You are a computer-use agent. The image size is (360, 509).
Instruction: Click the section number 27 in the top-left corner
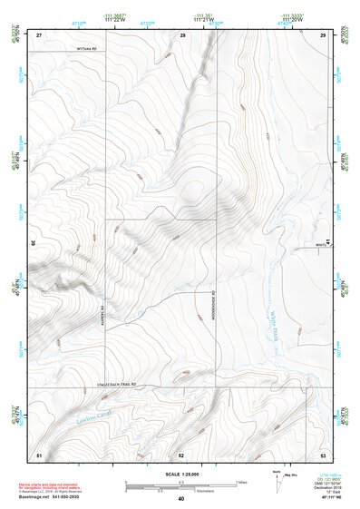coord(39,34)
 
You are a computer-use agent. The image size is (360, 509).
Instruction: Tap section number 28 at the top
coord(182,34)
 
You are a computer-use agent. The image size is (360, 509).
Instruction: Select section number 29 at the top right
coord(323,34)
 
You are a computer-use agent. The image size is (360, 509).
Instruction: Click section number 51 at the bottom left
coord(39,453)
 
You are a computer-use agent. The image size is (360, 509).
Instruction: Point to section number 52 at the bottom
coord(181,453)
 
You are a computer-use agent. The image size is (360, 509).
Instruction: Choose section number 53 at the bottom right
coord(323,453)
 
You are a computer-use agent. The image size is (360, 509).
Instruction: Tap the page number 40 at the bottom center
coord(181,499)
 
